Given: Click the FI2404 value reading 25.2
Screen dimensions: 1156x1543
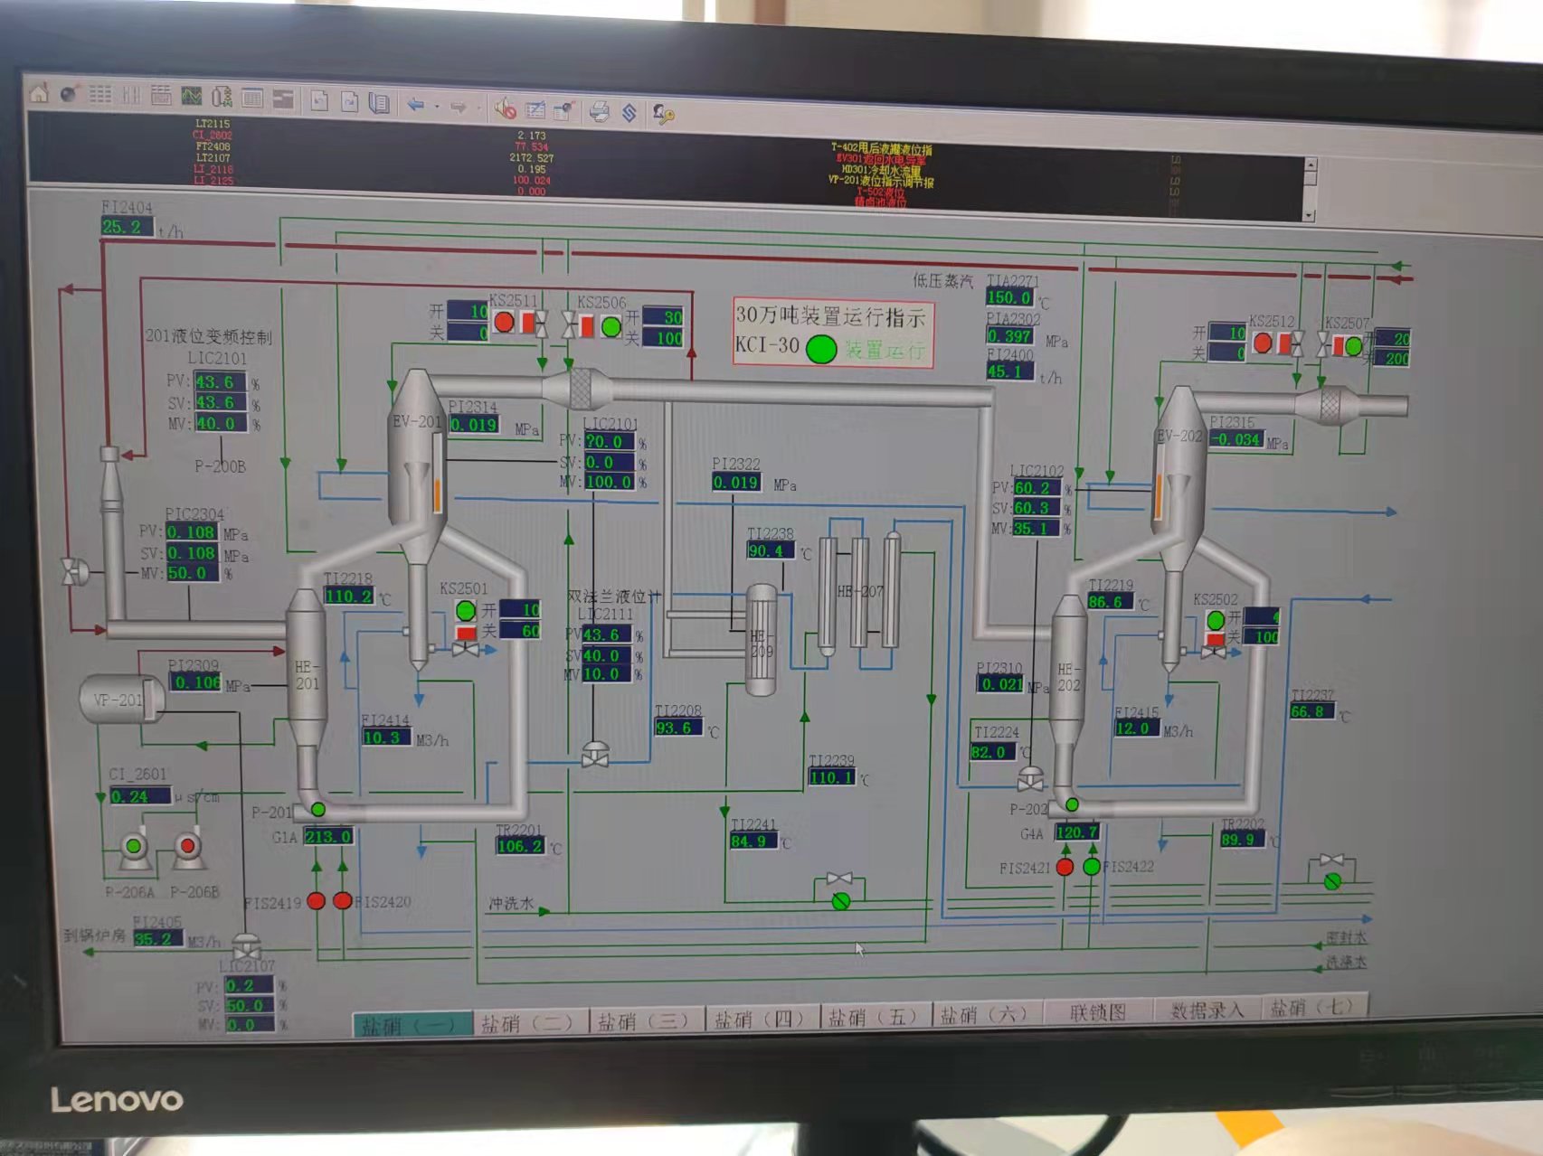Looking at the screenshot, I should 124,227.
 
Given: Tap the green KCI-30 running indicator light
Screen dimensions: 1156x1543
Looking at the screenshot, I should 820,349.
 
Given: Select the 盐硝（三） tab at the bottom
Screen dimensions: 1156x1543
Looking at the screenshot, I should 642,1021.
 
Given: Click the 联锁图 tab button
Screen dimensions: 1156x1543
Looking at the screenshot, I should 1097,1012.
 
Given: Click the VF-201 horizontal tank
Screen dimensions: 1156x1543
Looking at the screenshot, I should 120,700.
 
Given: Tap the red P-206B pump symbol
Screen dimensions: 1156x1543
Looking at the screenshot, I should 187,847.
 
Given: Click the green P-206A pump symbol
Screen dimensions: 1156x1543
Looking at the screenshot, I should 134,847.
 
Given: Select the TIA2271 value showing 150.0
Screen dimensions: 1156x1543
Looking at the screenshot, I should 1008,297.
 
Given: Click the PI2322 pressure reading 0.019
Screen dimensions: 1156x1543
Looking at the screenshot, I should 734,483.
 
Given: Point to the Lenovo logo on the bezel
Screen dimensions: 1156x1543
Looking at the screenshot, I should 117,1100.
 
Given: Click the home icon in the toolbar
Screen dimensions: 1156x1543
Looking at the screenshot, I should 39,93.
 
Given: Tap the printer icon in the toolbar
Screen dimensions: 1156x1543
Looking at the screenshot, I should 599,111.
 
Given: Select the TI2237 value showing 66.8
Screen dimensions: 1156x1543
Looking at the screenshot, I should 1311,712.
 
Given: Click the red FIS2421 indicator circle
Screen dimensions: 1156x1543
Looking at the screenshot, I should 1065,868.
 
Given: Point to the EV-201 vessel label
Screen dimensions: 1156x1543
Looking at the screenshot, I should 415,422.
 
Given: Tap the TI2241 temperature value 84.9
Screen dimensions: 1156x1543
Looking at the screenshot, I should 753,842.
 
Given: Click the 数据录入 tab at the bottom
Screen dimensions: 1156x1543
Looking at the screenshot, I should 1207,1010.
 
